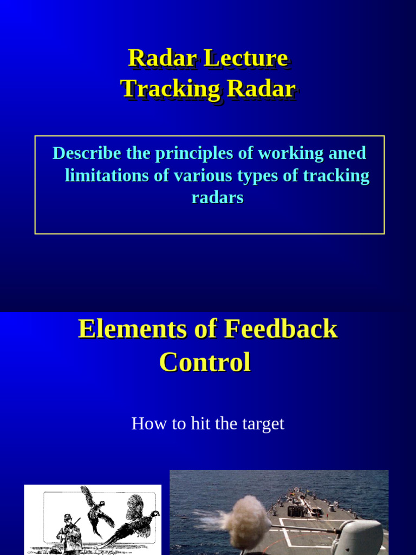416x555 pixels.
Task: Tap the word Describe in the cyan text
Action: (x=87, y=153)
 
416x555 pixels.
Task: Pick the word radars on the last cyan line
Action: (x=217, y=198)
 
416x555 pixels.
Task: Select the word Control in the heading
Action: (x=205, y=362)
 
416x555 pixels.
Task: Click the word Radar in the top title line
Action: (x=161, y=59)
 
